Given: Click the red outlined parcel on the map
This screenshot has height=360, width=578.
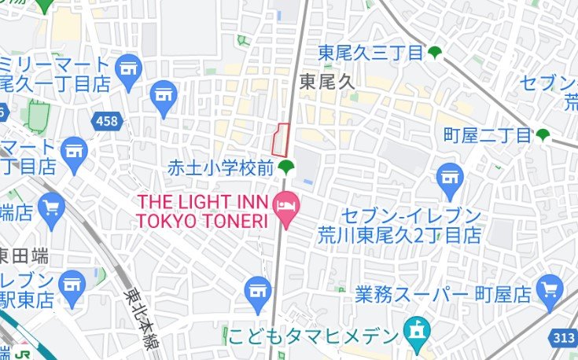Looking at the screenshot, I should coord(281,139).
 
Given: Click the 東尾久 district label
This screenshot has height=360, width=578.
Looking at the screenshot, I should coord(328,80).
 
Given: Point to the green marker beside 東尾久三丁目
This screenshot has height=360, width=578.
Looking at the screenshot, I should coord(435,53).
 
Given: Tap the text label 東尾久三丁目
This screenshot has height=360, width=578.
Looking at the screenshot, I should coord(370,53).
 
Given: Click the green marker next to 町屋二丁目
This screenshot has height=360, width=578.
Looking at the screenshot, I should coord(543,135).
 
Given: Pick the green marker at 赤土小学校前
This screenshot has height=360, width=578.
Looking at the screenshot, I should coord(285,167).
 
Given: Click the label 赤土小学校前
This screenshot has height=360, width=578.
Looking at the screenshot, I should coord(220,167).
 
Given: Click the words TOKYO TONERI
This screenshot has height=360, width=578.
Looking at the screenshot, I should coord(202,221).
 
